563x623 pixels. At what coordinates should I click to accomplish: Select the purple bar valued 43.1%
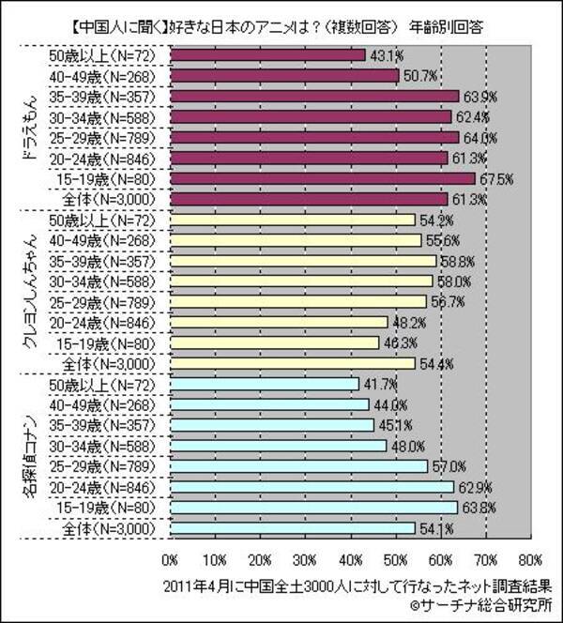coord(266,55)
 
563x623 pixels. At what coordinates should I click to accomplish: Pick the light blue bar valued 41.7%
coord(264,384)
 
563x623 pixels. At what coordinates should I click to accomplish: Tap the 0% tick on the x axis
coord(170,561)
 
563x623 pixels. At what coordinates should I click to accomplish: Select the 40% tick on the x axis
coord(350,561)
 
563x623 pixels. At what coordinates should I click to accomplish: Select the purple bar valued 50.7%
coord(284,75)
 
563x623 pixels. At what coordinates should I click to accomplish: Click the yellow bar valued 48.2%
coord(279,322)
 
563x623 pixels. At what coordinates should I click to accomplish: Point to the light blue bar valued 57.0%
coord(298,465)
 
